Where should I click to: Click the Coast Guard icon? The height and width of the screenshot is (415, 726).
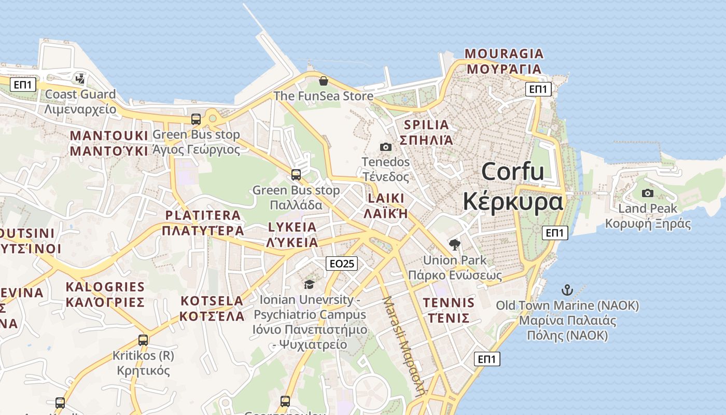80,79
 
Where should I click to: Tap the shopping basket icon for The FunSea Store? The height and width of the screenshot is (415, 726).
324,81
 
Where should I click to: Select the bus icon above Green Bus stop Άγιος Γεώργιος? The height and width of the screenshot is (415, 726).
196,119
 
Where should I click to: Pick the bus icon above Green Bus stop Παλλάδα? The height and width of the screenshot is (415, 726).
296,175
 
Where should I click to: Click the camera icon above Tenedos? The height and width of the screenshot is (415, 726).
386,147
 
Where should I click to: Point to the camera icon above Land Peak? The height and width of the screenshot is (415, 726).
648,193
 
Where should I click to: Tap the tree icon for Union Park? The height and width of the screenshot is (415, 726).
455,245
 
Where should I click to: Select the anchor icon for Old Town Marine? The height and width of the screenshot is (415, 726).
567,290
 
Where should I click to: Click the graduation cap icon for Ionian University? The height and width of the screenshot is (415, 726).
310,284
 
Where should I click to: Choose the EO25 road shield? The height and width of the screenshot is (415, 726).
342,264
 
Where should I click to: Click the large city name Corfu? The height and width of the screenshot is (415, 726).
513,172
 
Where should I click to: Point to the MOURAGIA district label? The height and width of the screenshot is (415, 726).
504,54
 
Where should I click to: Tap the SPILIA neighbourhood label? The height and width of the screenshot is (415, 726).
426,125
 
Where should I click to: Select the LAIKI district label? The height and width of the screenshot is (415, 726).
386,198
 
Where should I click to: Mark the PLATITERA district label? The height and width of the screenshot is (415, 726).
203,215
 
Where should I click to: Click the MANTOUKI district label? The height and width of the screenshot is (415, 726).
109,136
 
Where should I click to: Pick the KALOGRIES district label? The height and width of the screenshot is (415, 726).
105,287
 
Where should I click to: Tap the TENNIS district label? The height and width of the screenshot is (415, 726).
449,303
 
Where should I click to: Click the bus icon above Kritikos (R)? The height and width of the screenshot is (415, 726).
143,340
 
